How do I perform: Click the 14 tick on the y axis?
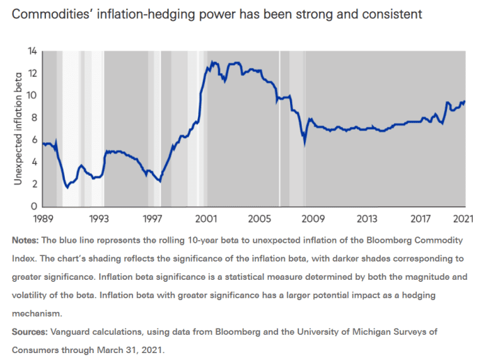tap(32, 51)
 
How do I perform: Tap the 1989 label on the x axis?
tap(43, 219)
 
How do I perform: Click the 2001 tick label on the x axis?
tap(206, 219)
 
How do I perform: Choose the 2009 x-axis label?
tap(312, 219)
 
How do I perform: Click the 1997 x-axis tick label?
tap(153, 219)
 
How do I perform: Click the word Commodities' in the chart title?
tap(49, 15)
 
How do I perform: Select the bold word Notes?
tap(26, 239)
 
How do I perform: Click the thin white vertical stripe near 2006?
tap(280, 129)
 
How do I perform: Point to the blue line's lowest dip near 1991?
tap(67, 188)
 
